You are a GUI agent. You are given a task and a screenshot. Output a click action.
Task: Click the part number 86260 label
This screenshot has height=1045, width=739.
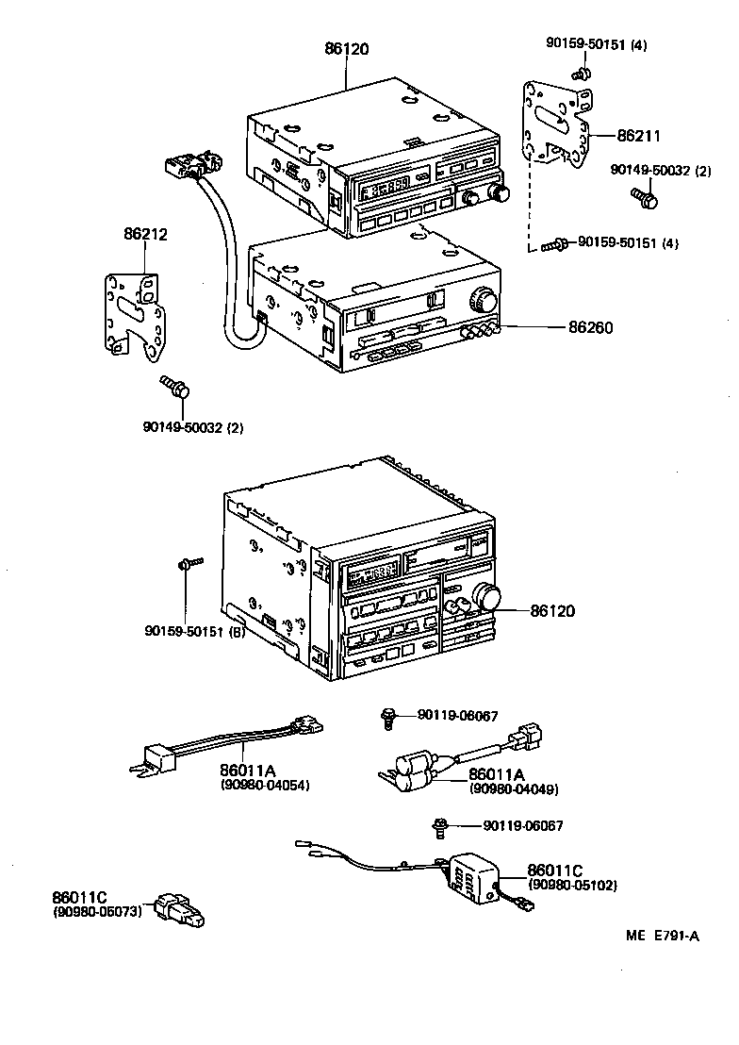coord(590,328)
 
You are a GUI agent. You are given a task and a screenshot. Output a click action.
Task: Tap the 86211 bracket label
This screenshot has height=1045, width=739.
coord(640,137)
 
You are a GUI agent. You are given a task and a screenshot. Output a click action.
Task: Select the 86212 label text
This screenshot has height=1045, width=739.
coord(145,234)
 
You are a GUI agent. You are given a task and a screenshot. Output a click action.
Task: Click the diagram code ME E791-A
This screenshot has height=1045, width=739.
coord(662,936)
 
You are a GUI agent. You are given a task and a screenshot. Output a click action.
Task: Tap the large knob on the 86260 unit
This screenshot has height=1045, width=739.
coord(483,300)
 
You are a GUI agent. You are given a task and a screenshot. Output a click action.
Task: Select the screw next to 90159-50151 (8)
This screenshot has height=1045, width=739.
coord(187,564)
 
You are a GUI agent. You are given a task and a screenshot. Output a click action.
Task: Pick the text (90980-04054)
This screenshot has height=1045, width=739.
coord(265,785)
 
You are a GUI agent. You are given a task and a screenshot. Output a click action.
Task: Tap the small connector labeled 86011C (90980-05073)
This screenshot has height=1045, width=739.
coord(181,910)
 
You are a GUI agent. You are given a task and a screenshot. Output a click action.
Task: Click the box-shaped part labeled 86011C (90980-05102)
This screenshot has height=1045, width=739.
coord(468,878)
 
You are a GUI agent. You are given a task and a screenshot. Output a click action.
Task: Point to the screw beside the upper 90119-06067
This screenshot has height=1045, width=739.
coord(387,718)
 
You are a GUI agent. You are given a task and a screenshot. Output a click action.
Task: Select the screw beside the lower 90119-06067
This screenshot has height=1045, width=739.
coord(439,827)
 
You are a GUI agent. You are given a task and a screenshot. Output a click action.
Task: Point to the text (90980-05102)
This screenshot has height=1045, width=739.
coord(573,885)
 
